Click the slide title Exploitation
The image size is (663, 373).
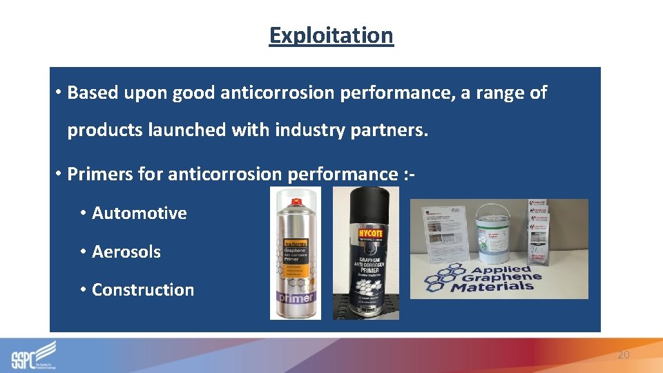click(331, 35)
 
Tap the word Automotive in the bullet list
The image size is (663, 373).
click(139, 213)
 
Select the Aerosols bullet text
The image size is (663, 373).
click(126, 251)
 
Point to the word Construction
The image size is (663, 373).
click(142, 289)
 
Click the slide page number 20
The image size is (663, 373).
click(623, 354)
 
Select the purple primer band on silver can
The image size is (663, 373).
click(296, 297)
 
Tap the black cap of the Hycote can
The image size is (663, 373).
click(365, 204)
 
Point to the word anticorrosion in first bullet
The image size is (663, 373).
click(278, 93)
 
